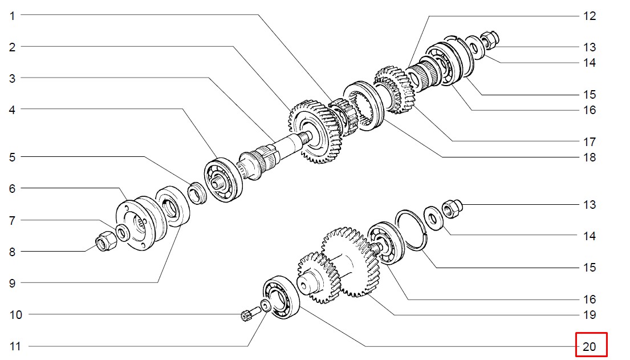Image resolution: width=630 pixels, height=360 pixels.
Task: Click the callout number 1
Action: click(x=13, y=16)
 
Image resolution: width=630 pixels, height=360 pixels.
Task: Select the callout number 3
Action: click(x=13, y=78)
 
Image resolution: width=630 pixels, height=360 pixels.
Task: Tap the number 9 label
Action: click(x=13, y=283)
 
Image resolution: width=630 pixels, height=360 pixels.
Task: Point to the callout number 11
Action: click(x=15, y=346)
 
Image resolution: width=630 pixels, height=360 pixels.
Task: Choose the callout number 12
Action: click(x=590, y=16)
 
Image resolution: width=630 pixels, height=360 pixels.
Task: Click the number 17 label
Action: click(x=590, y=142)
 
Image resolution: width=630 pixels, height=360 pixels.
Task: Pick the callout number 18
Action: click(x=590, y=157)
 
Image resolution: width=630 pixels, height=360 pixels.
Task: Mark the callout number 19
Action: click(x=590, y=315)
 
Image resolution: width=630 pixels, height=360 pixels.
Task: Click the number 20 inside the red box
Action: click(x=590, y=347)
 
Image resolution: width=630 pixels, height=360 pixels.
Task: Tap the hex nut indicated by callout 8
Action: click(x=105, y=241)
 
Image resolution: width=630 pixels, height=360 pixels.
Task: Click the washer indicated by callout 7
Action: click(x=123, y=233)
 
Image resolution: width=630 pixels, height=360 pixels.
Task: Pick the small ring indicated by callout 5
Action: click(x=197, y=193)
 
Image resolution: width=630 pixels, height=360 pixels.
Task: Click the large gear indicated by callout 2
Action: click(x=315, y=132)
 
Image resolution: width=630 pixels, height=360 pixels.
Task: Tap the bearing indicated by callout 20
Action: click(x=281, y=298)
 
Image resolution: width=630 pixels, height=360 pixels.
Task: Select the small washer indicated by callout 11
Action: click(x=266, y=306)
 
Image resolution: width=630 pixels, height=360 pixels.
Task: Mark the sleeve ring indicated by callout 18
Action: click(x=364, y=106)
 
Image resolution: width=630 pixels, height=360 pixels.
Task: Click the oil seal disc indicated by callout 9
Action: click(x=172, y=206)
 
